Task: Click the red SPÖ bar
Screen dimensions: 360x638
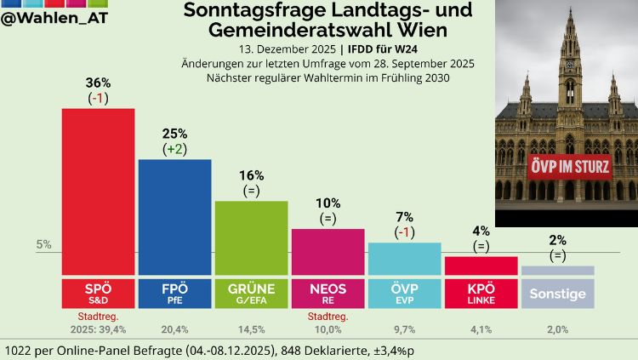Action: [98, 191]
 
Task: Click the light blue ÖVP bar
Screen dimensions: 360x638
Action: [404, 259]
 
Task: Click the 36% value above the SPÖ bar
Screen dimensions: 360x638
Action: [98, 83]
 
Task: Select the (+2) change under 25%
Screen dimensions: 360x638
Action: [174, 149]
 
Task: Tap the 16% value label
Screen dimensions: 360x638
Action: [251, 174]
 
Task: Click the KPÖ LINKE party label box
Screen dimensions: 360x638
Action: [481, 294]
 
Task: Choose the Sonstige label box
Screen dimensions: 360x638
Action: [557, 294]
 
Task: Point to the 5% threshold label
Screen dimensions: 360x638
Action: [44, 245]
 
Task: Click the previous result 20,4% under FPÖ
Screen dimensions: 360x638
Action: [174, 329]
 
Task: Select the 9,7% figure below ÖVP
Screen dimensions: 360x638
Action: [404, 329]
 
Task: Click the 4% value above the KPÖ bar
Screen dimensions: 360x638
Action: [481, 229]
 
